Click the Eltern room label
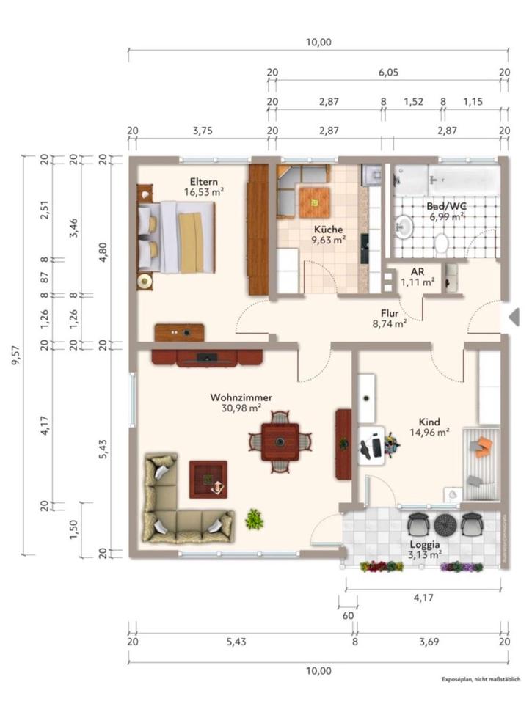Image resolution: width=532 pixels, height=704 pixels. [204, 181]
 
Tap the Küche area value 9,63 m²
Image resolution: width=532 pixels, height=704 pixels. [329, 239]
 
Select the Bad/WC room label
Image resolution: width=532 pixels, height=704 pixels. [446, 206]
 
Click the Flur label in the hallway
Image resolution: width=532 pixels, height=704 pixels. [390, 311]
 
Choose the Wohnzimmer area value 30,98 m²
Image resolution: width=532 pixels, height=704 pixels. [241, 408]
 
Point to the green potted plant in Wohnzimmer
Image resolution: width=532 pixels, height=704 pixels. [255, 519]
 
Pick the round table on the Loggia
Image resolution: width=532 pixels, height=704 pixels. [445, 524]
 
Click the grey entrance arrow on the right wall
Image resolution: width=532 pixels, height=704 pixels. [514, 317]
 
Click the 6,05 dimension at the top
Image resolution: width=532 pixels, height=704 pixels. [388, 73]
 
